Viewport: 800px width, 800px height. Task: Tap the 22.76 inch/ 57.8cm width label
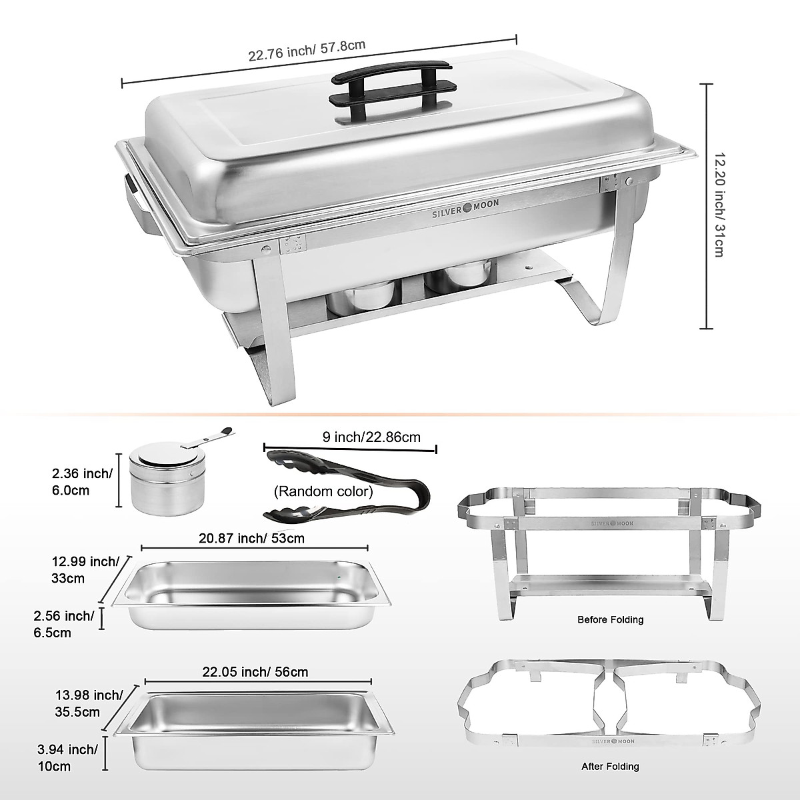tap(307, 51)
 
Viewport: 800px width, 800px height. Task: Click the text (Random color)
tap(323, 492)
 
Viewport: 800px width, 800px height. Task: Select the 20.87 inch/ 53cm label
tap(252, 537)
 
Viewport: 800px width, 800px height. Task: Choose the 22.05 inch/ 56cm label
tap(256, 671)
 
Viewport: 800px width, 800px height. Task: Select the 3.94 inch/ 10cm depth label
tap(74, 758)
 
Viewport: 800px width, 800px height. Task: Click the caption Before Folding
tap(610, 619)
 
